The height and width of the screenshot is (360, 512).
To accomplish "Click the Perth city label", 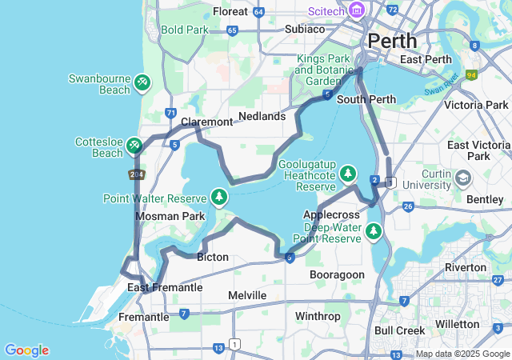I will [392, 40].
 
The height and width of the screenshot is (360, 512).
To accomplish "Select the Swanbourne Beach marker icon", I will [142, 82].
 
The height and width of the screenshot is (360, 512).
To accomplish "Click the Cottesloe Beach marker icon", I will [134, 145].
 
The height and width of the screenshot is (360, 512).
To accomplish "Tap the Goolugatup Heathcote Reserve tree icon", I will [347, 173].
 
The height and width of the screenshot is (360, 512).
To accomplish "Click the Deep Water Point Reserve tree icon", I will [373, 231].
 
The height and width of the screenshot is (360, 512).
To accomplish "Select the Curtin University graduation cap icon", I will [464, 178].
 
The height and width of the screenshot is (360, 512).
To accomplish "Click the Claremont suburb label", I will [206, 122].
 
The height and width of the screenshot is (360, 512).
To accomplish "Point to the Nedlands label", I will [262, 116].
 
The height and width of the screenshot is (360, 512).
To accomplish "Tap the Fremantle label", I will [143, 317].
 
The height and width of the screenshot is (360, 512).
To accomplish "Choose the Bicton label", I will [213, 257].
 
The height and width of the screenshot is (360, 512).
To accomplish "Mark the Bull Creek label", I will [399, 330].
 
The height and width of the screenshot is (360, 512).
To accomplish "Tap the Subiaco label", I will [304, 29].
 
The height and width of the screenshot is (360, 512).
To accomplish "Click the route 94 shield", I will [472, 75].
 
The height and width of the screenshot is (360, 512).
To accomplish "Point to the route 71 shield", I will [170, 113].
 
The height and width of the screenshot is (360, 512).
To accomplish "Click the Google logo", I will [26, 350].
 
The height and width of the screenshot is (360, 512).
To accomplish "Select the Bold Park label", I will [184, 30].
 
